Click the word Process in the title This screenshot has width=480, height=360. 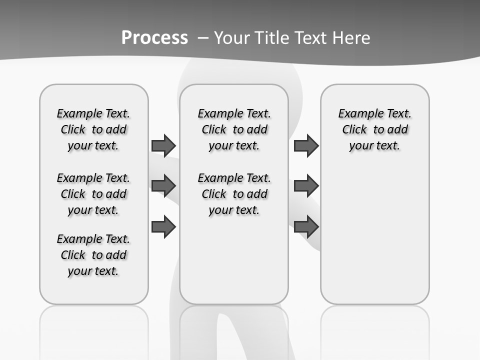[154, 38]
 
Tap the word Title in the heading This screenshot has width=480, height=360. [271, 38]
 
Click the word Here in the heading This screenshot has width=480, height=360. [352, 38]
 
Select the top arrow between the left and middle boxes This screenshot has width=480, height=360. [163, 145]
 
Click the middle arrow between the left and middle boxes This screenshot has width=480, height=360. [163, 186]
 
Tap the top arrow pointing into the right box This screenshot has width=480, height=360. [306, 145]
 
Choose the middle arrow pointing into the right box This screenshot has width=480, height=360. [306, 186]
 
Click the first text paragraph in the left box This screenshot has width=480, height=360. [93, 129]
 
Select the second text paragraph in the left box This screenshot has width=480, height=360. [93, 194]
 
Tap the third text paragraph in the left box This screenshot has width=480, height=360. [93, 255]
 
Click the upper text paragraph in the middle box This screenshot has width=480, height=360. [234, 129]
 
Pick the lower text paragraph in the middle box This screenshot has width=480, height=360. [234, 194]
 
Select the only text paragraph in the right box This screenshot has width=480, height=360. [374, 129]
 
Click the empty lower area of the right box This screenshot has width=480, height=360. [374, 235]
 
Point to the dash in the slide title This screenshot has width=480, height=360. [202, 38]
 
